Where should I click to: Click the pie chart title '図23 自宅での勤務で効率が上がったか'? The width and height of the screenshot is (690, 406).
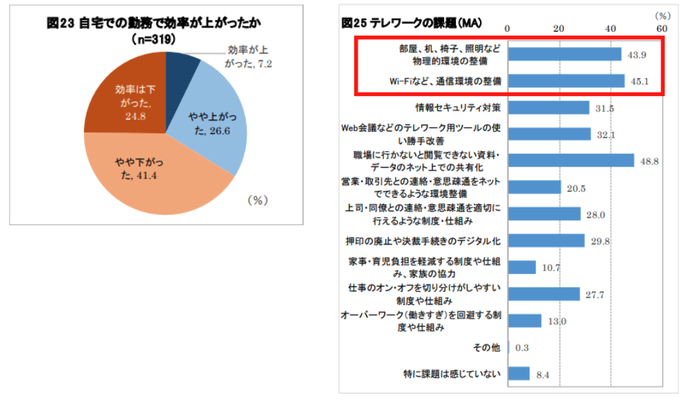(158, 24)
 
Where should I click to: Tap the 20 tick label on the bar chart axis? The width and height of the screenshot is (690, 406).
(559, 28)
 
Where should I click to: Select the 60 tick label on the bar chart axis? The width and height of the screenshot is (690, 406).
(661, 28)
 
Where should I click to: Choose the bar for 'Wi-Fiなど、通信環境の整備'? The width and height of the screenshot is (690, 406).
(566, 81)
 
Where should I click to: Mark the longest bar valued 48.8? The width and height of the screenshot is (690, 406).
(571, 160)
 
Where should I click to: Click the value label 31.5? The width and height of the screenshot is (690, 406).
(605, 109)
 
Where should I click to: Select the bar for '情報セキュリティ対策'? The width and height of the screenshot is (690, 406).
(549, 108)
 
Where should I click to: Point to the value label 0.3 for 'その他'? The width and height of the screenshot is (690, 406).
(522, 348)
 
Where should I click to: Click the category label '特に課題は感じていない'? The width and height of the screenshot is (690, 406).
(452, 374)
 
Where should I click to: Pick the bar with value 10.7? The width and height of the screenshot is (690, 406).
(522, 267)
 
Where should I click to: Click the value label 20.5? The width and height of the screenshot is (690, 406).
(576, 188)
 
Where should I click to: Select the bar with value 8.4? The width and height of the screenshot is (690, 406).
(519, 374)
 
